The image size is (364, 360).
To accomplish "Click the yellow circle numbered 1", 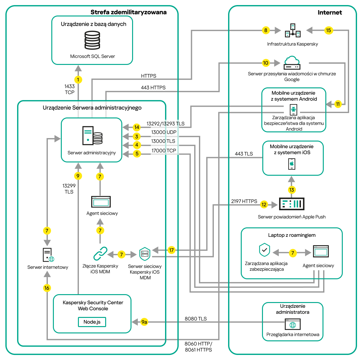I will [x=78, y=79].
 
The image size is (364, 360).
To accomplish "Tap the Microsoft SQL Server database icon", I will [x=92, y=40].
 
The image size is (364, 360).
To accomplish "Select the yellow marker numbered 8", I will [x=266, y=30].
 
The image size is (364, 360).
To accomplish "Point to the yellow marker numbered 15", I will [x=329, y=30].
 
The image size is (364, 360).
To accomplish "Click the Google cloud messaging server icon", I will [x=292, y=63].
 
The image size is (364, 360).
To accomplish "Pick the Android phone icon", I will [x=293, y=110].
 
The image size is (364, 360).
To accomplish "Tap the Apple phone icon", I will [x=292, y=164].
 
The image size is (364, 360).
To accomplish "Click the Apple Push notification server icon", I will [x=291, y=204].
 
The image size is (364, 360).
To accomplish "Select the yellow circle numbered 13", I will [x=291, y=190].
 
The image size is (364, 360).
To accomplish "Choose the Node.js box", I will [x=92, y=322].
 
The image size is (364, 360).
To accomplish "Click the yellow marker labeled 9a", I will [x=144, y=322].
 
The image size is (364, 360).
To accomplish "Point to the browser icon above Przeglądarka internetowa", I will [x=293, y=324].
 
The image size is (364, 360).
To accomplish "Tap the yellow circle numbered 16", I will [x=47, y=288].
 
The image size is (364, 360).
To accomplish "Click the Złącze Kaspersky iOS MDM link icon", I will [x=100, y=254].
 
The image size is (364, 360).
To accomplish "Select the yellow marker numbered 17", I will [x=171, y=250].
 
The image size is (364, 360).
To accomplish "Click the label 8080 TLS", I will [x=196, y=319].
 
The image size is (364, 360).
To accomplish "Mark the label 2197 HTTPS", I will [x=244, y=201].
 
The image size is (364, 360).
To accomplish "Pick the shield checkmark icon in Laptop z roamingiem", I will [x=265, y=250].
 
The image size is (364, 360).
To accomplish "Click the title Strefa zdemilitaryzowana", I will [x=128, y=12].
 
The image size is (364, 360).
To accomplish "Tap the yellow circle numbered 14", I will [x=137, y=127].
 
